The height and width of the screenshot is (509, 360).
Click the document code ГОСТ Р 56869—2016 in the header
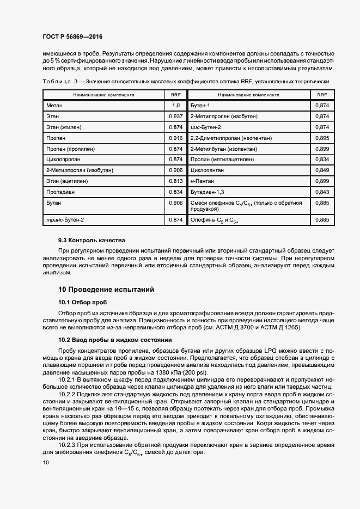(x=72, y=36)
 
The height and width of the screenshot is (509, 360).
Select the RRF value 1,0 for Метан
(x=175, y=105)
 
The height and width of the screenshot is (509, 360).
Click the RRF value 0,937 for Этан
(x=175, y=116)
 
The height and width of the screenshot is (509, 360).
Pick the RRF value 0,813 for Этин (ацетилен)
(x=175, y=181)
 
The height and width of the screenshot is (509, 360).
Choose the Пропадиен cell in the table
(x=59, y=192)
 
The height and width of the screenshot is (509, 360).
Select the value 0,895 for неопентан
(x=322, y=138)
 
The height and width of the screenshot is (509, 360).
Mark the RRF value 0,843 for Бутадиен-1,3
(x=322, y=192)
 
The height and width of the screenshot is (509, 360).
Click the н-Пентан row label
(x=202, y=181)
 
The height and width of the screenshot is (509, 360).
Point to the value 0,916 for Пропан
(x=175, y=138)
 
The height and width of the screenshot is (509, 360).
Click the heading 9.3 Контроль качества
(x=91, y=240)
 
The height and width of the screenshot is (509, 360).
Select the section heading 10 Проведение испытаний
(x=106, y=289)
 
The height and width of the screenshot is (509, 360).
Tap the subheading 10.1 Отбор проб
(x=83, y=302)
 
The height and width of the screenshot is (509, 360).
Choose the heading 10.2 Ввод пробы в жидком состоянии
(x=115, y=340)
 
